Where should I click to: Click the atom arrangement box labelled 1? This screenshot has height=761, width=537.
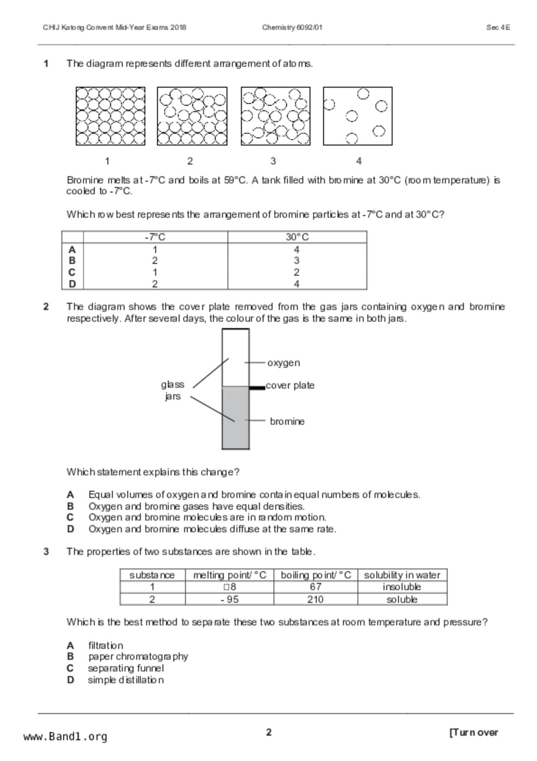tap(111, 116)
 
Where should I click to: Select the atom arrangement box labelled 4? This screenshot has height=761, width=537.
tap(358, 116)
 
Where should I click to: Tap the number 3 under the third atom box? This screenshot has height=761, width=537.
tap(273, 161)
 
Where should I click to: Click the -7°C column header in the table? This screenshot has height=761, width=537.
tap(155, 237)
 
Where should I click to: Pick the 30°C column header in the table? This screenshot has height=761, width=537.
tap(297, 237)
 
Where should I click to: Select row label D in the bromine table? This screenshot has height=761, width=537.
tap(72, 284)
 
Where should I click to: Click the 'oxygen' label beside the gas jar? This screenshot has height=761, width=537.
tap(283, 363)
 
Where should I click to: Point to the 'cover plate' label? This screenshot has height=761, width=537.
tap(290, 385)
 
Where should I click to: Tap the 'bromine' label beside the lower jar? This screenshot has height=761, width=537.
tap(287, 421)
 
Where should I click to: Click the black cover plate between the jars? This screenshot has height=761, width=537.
tap(257, 388)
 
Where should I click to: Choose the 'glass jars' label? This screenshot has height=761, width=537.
tap(172, 390)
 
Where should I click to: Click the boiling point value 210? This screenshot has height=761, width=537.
tap(315, 599)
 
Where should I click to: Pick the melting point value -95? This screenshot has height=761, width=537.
tap(229, 599)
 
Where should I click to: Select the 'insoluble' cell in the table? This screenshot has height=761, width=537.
tap(402, 587)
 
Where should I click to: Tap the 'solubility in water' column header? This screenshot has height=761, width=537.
tap(402, 575)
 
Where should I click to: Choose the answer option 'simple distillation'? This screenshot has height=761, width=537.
tap(126, 680)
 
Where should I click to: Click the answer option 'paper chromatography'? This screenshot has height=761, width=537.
tap(138, 656)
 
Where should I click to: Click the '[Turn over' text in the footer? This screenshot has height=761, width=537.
tap(474, 732)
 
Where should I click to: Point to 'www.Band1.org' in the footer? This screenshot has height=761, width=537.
tap(65, 736)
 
